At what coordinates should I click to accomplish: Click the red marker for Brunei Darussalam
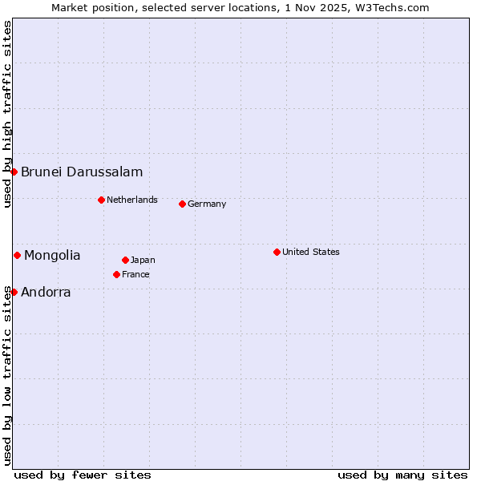pyautogui.click(x=14, y=172)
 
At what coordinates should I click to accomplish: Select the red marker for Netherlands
pyautogui.click(x=101, y=200)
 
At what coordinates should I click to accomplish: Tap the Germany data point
pyautogui.click(x=182, y=204)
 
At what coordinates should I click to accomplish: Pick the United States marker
pyautogui.click(x=277, y=252)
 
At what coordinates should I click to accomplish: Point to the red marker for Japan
pyautogui.click(x=125, y=260)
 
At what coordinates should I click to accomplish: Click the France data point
pyautogui.click(x=116, y=274)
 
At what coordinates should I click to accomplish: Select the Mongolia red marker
pyautogui.click(x=17, y=255)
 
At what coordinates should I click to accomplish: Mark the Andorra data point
pyautogui.click(x=14, y=292)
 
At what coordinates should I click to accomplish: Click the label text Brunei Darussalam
pyautogui.click(x=82, y=172)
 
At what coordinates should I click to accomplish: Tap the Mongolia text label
pyautogui.click(x=52, y=255)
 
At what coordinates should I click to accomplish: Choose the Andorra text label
pyautogui.click(x=46, y=292)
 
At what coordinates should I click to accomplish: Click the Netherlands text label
pyautogui.click(x=132, y=200)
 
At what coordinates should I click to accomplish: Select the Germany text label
pyautogui.click(x=207, y=204)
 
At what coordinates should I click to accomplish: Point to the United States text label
pyautogui.click(x=311, y=252)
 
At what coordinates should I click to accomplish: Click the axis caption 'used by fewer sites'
pyautogui.click(x=83, y=475)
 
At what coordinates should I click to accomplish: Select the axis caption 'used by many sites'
pyautogui.click(x=402, y=475)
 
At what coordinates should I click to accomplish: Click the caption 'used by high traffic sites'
pyautogui.click(x=7, y=114)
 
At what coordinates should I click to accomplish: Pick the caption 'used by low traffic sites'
pyautogui.click(x=7, y=375)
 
